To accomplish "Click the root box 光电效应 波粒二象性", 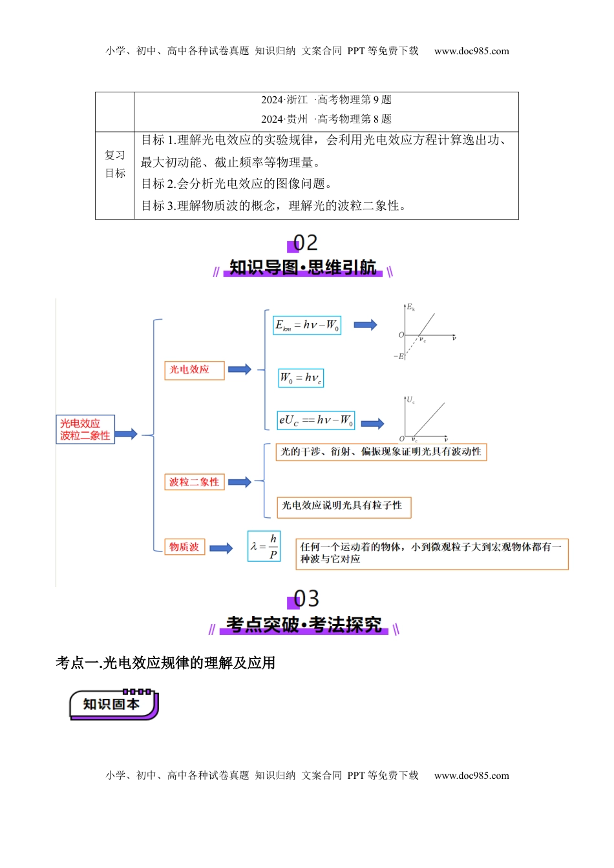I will [x=85, y=429].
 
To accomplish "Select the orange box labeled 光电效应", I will [x=194, y=370].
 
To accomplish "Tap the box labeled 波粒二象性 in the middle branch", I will [x=194, y=482].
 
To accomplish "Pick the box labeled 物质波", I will [x=184, y=547].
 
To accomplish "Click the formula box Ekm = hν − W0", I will [x=307, y=325].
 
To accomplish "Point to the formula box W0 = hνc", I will [x=301, y=378].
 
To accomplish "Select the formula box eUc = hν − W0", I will [x=316, y=420].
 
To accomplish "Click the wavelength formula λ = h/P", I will [x=264, y=546].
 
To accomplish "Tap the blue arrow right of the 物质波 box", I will [x=221, y=548].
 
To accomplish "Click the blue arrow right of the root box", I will [x=127, y=434].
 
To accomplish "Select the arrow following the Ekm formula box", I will [x=365, y=325].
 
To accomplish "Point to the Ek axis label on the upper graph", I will [x=410, y=307].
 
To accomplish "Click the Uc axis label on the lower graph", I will [x=410, y=400].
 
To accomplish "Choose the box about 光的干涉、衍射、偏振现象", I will [x=381, y=452].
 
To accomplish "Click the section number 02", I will [x=304, y=243].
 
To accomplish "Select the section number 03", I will [x=306, y=599].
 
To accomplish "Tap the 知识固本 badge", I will [x=114, y=705].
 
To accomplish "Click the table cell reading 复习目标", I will [x=115, y=165].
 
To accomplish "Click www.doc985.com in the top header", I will [x=471, y=51].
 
